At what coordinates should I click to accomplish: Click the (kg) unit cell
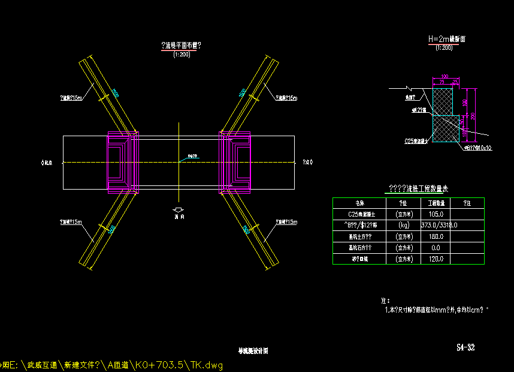coord(403,225)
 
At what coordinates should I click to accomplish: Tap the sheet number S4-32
coord(465,347)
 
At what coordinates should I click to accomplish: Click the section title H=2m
coord(446,39)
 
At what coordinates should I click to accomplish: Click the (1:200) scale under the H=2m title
coord(443,47)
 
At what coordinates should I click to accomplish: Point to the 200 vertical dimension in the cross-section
coord(473,115)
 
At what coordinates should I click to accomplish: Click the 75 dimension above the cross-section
coord(442,82)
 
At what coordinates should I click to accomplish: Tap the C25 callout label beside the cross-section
coord(416,142)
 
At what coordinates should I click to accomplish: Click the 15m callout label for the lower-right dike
coord(286,222)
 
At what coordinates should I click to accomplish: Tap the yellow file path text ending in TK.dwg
coord(114,365)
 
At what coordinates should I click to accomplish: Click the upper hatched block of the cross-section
coord(443,101)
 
